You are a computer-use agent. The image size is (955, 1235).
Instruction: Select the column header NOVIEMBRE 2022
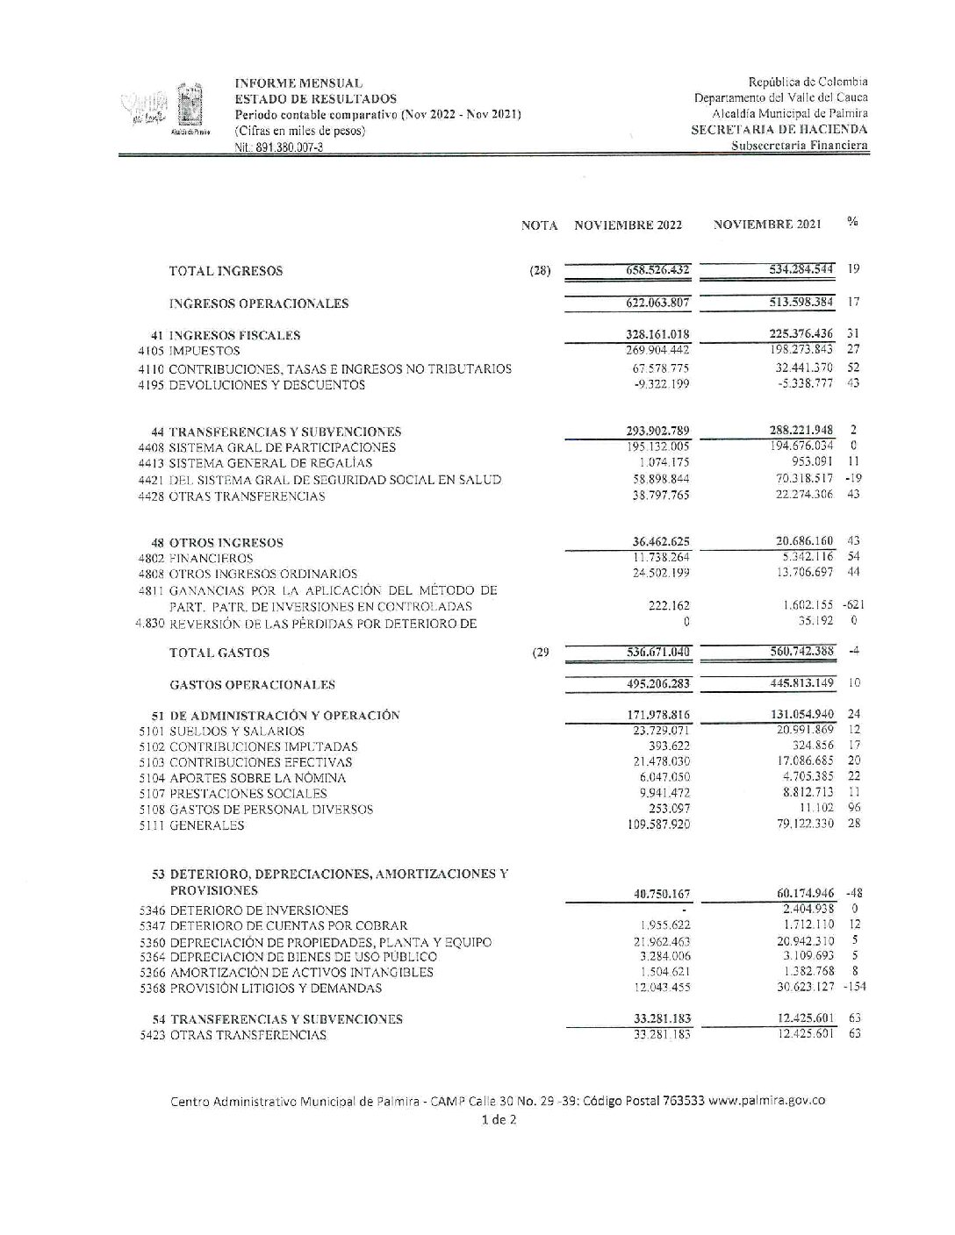628,225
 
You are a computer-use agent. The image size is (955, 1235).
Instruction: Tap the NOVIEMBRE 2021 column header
767,225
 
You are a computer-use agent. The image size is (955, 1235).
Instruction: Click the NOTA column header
539,225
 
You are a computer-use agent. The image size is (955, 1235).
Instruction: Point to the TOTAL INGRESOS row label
226,271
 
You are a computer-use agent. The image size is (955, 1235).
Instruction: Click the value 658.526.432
651,270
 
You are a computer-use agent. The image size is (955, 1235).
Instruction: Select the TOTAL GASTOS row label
219,653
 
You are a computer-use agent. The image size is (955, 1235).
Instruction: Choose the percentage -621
853,605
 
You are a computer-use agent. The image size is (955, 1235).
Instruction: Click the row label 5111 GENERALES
191,825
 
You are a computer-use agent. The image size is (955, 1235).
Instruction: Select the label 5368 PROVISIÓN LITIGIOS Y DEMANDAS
261,989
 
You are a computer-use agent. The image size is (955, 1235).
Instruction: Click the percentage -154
853,988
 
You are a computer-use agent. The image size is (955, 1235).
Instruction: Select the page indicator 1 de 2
499,1119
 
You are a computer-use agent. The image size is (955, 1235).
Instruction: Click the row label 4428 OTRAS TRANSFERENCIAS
232,496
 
